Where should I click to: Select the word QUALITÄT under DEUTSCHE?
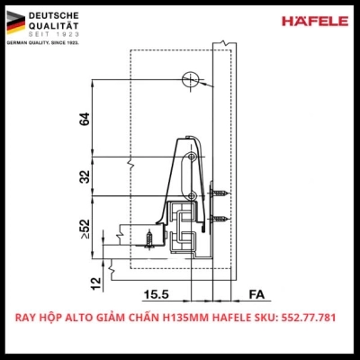54,27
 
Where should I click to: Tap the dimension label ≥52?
84,231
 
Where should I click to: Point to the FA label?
256,293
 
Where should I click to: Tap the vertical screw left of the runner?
148,238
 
